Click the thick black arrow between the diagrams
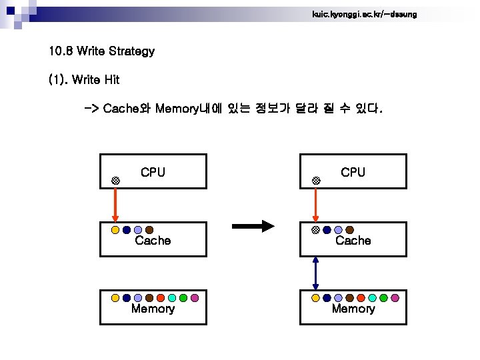[253, 226]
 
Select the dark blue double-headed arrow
[315, 273]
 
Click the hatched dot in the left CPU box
[115, 181]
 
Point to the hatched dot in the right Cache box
[315, 230]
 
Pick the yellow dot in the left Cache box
[115, 230]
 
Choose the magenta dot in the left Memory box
[195, 298]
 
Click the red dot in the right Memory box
[361, 298]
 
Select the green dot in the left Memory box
[183, 298]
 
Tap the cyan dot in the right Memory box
[372, 298]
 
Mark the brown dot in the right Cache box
[349, 230]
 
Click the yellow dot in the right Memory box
[315, 298]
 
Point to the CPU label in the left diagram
[153, 173]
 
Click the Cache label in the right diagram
[353, 241]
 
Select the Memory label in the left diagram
[153, 309]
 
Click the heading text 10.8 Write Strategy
[101, 51]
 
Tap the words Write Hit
[95, 80]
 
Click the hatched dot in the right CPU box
[316, 181]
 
